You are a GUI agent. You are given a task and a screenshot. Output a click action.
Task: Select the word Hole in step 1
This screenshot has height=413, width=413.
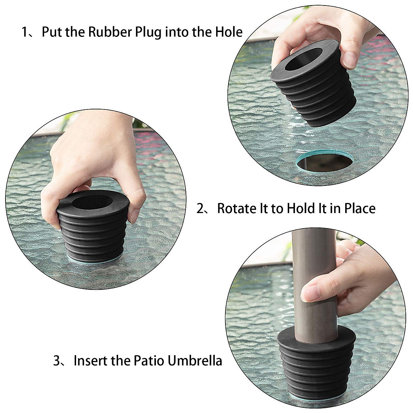(229, 32)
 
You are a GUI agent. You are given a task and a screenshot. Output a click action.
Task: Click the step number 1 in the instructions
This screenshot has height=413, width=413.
(25, 32)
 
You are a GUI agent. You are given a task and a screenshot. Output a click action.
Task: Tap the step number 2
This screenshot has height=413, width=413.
(200, 209)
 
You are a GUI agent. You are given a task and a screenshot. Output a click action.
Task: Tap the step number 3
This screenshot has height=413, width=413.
(57, 361)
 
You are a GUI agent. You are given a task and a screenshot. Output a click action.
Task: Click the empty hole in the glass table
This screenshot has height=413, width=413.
(324, 163)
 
